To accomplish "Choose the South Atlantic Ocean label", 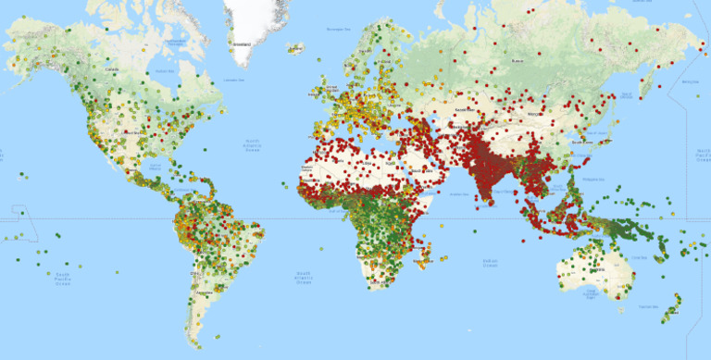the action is (302, 275).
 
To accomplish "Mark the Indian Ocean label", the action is (490, 263).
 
